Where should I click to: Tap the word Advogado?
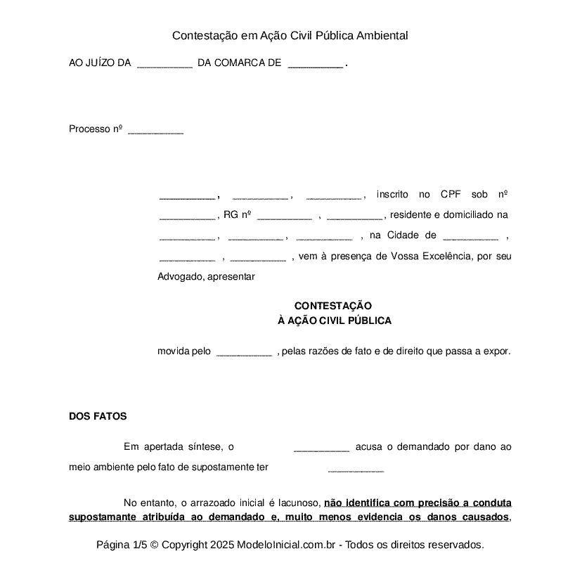coord(180,276)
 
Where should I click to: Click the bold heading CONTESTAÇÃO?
coord(332,306)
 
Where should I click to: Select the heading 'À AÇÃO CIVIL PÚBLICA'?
coord(335,321)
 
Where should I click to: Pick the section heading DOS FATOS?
coord(98,416)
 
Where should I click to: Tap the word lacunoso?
coord(295,503)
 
